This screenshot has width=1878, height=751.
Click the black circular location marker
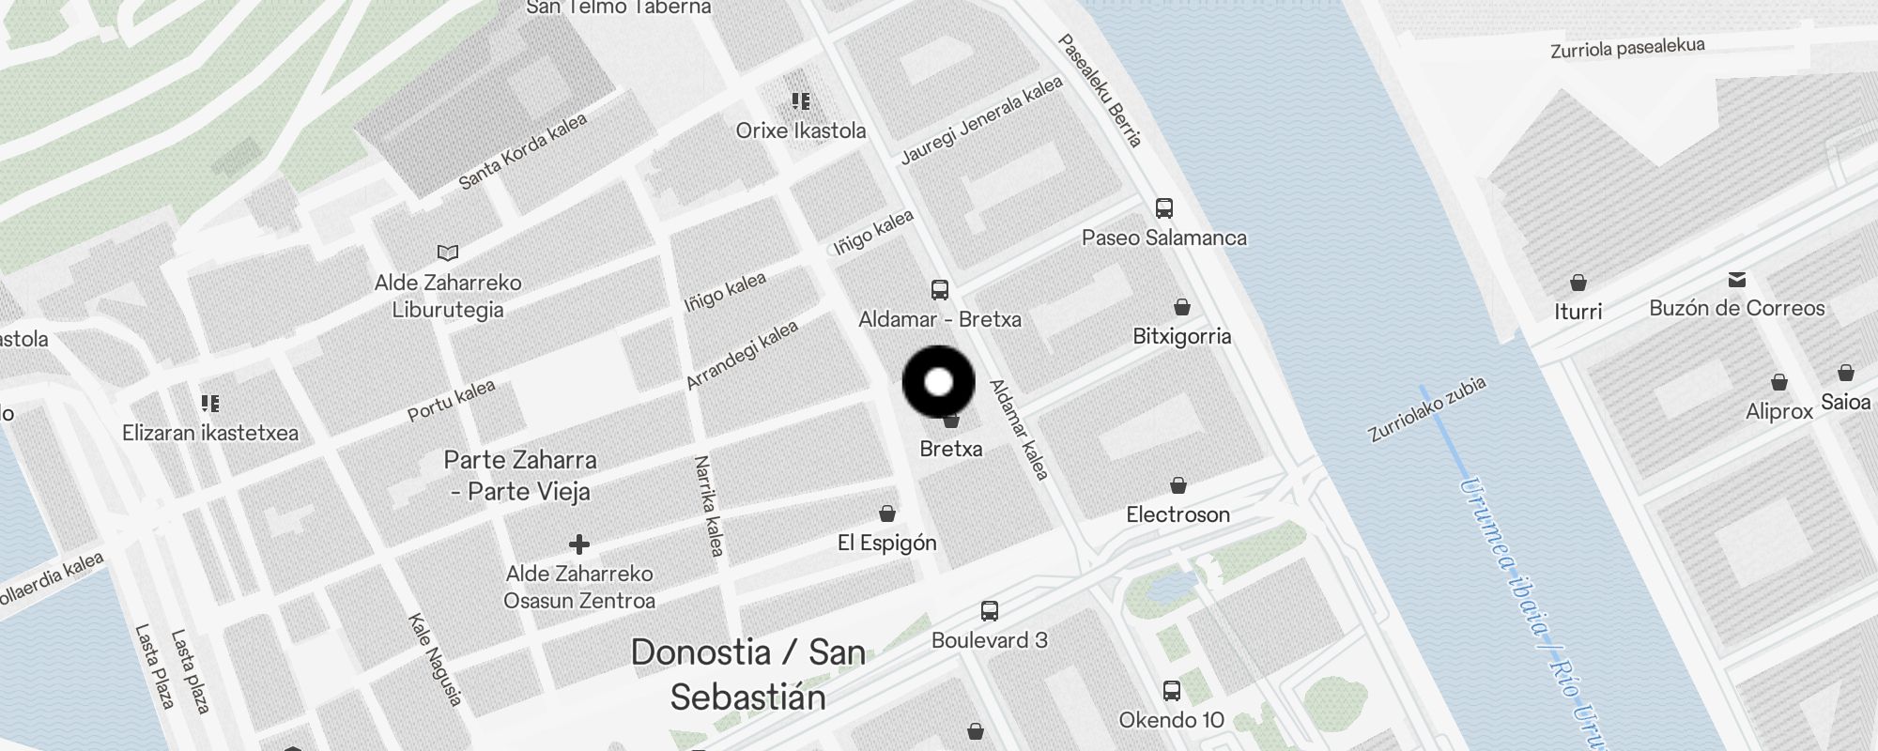[938, 382]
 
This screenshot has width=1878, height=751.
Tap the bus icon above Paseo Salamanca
[1164, 208]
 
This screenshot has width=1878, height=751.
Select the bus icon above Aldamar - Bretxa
[940, 290]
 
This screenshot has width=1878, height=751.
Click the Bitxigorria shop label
[1181, 336]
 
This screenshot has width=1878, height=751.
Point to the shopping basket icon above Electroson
[1178, 485]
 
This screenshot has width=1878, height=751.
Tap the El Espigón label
[886, 543]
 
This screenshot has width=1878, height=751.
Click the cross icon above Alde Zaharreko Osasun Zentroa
[579, 544]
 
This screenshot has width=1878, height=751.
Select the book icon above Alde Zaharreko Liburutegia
[448, 253]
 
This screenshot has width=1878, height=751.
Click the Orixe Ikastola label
[800, 130]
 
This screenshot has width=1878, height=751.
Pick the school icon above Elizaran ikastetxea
[210, 404]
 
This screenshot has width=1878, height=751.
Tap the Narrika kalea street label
[709, 506]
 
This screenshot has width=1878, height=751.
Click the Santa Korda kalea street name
[522, 151]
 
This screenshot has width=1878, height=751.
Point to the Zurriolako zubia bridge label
[1426, 408]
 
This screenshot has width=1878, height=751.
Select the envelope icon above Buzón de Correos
[1736, 280]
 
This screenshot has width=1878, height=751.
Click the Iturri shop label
[1578, 311]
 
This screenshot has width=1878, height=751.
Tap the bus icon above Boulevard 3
[989, 611]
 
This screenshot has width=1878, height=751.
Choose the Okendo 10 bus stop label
[1171, 720]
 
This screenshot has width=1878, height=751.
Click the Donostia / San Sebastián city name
[747, 674]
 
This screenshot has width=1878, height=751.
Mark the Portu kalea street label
[451, 401]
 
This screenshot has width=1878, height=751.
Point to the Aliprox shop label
[1778, 411]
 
